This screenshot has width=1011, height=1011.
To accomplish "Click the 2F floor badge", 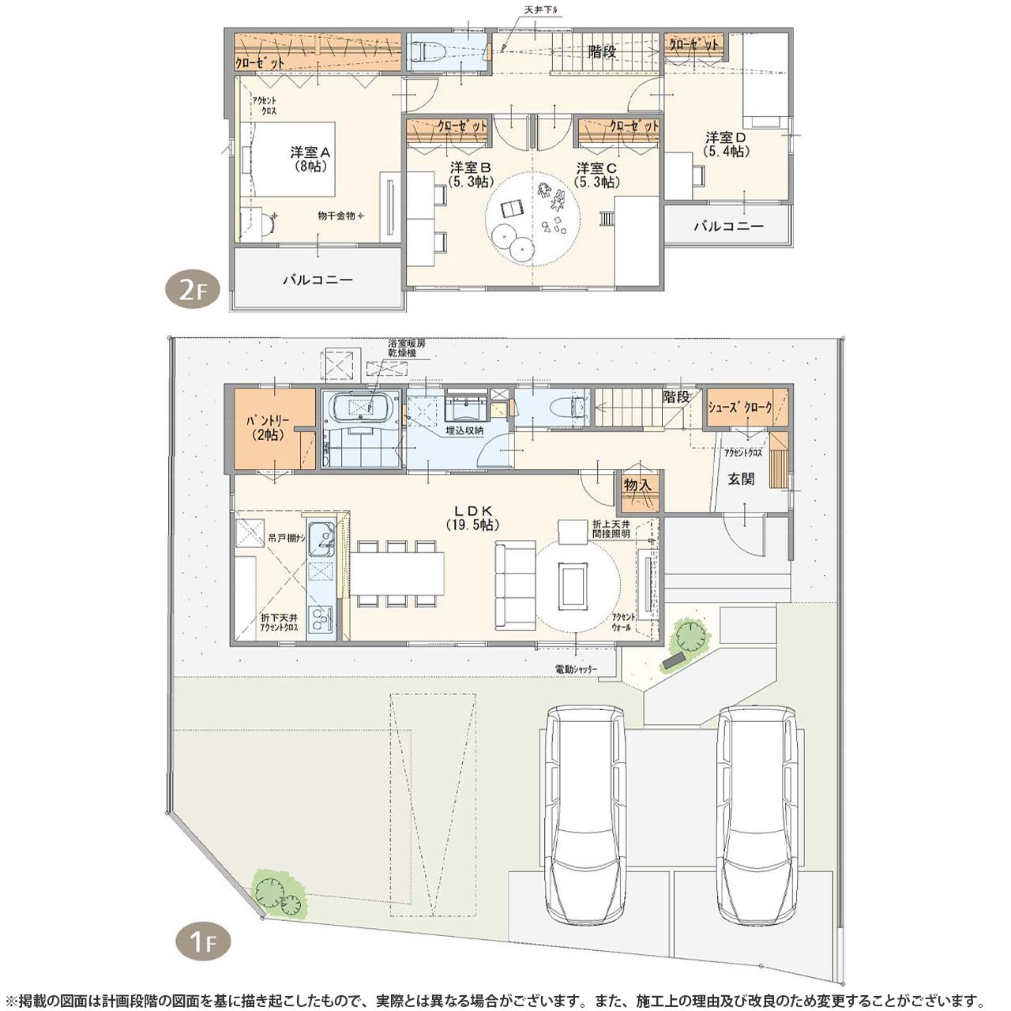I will tap(192, 290).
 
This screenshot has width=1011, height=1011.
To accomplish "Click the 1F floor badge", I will tap(202, 941).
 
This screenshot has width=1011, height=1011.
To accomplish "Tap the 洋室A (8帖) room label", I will tap(310, 160).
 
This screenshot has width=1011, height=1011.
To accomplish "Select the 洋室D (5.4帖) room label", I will tap(726, 145).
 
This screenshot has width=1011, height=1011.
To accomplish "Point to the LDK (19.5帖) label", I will tap(473, 518).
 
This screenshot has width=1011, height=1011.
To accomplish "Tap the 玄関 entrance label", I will tap(741, 479).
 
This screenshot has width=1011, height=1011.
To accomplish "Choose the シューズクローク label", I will tap(739, 408).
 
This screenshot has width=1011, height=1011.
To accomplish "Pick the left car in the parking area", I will tap(585, 814).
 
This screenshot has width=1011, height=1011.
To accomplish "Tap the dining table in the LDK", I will tap(397, 573).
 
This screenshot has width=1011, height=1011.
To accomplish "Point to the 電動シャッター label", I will tap(576, 669).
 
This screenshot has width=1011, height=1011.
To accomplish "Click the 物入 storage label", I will tap(637, 485).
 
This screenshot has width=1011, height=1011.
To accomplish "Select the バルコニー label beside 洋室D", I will tap(728, 226).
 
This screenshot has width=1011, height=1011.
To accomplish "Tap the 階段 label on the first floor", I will tap(676, 397).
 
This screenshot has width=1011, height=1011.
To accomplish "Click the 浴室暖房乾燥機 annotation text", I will tap(406, 348).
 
